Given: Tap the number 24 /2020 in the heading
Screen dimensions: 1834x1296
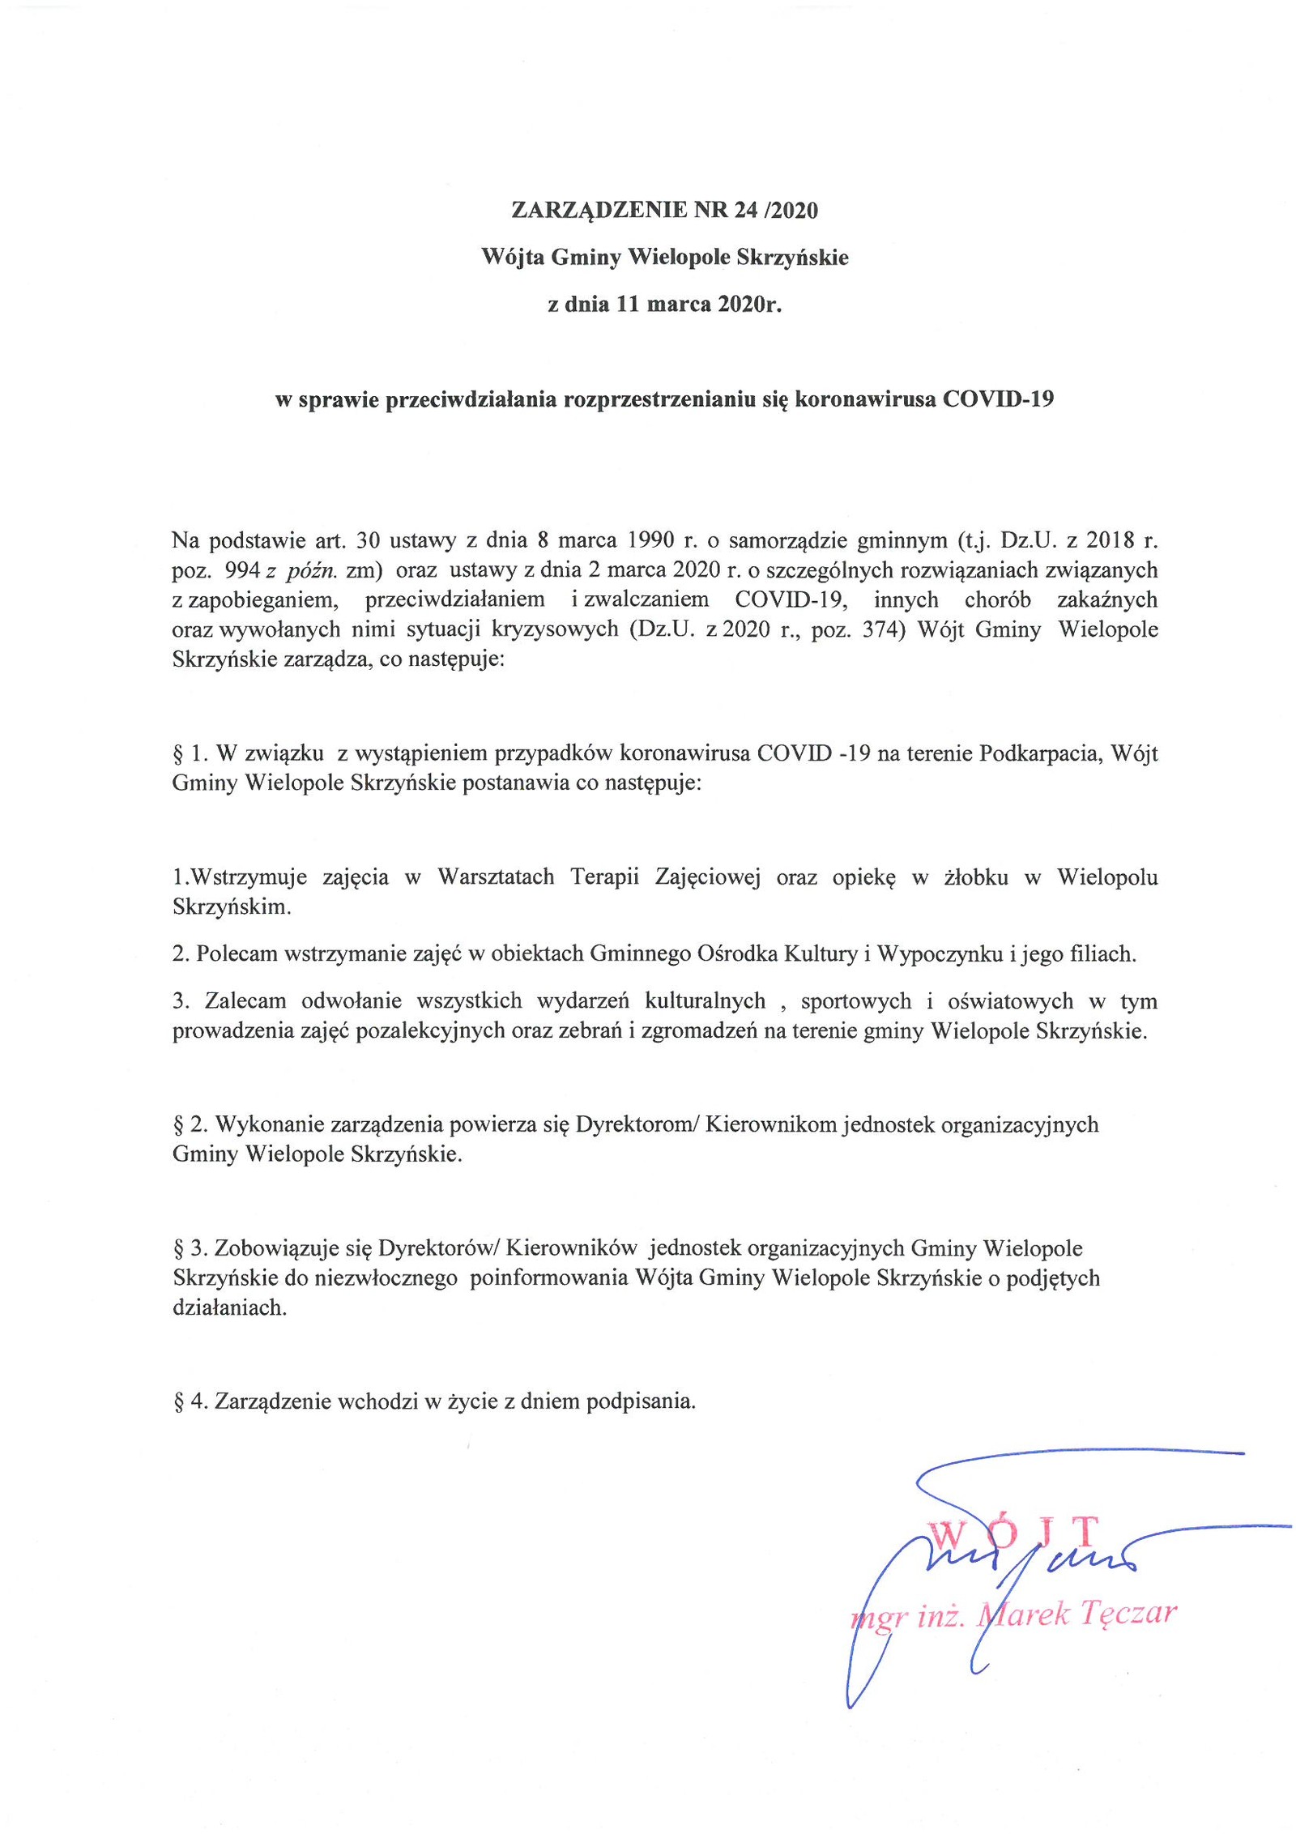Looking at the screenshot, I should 775,211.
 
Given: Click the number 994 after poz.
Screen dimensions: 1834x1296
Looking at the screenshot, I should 241,570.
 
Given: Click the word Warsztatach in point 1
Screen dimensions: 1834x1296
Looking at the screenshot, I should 496,877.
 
